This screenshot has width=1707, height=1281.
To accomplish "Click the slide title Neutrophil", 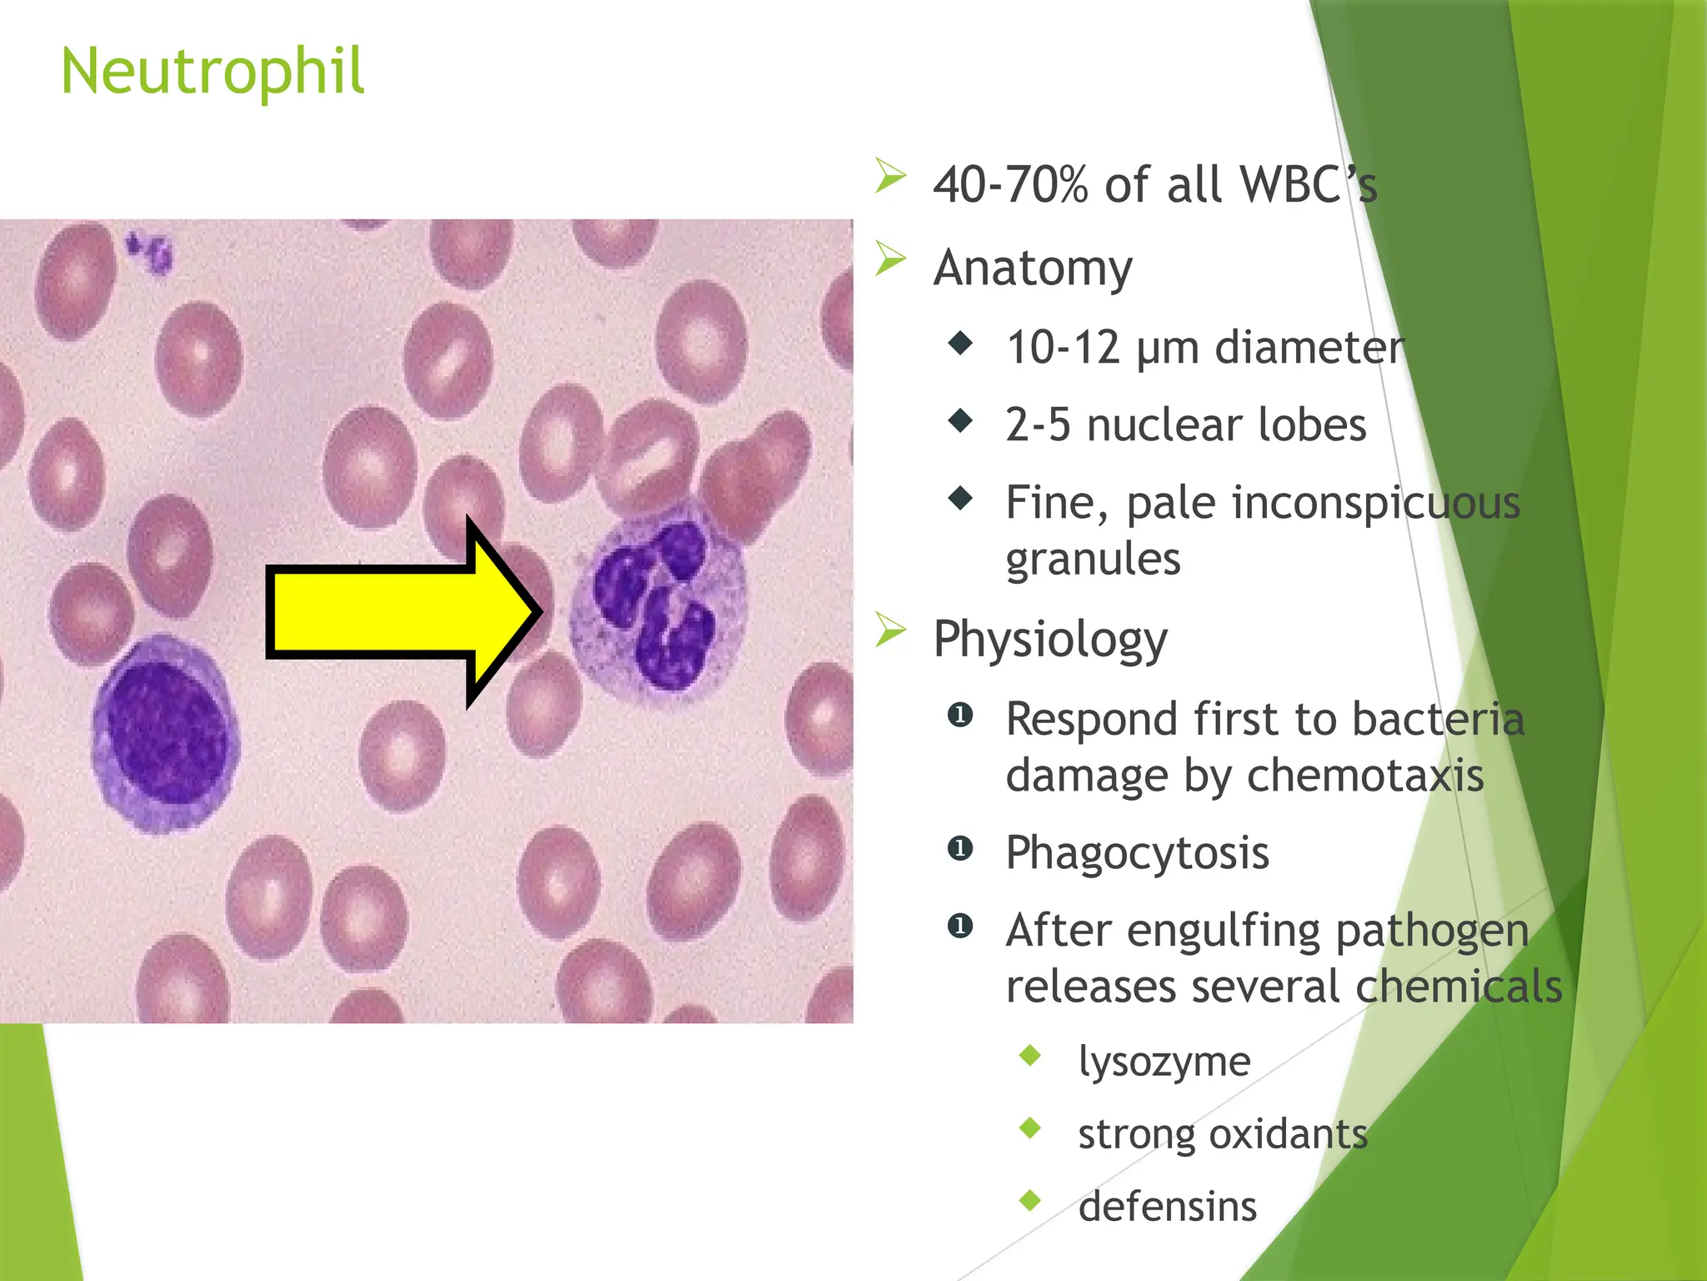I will click(x=213, y=72).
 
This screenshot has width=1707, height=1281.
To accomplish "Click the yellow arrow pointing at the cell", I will click(x=392, y=611).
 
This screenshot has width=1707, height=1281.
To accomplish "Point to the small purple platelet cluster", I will click(x=150, y=252).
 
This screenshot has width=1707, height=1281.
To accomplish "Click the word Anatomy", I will click(x=1033, y=269).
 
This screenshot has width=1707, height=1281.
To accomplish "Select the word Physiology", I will click(x=1050, y=640).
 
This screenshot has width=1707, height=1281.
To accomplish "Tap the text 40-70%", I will click(x=1010, y=185).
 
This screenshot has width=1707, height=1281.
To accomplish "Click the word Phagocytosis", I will click(x=1137, y=853).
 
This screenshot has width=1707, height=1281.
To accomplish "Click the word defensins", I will click(x=1167, y=1207).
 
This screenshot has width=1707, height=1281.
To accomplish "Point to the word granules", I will click(x=1093, y=559).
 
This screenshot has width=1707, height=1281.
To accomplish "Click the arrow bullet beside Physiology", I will click(x=890, y=631).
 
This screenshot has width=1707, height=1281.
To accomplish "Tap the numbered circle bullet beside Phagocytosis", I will click(x=960, y=849).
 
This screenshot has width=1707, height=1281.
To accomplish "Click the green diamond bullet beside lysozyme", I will click(x=1030, y=1056).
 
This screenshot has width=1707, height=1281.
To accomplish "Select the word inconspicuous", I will click(x=1375, y=504).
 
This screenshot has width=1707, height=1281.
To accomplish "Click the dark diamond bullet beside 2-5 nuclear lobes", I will click(x=960, y=421).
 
